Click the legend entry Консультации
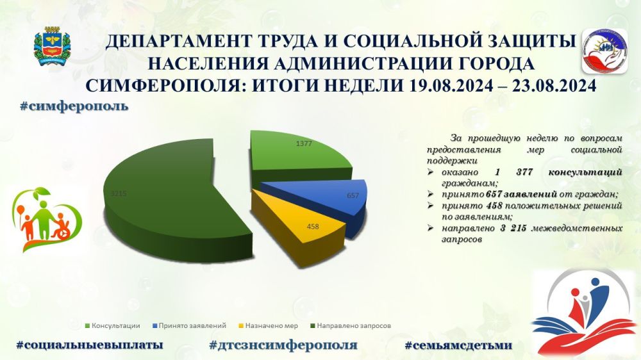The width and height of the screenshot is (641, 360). (116, 325)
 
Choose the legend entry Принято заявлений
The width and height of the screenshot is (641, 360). (191, 325)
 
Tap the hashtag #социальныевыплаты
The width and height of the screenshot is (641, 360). (89, 345)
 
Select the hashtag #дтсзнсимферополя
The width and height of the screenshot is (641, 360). (283, 345)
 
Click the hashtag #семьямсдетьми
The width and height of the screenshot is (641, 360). (458, 345)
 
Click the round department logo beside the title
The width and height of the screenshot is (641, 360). (603, 51)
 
